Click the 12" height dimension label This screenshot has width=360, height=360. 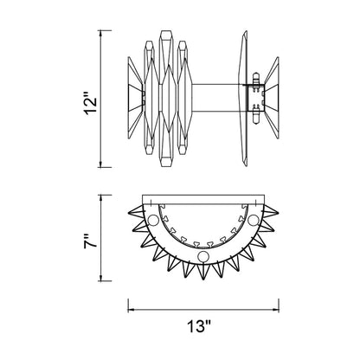[x=91, y=103]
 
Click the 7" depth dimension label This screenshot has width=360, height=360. [x=91, y=241]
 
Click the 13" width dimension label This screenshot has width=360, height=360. [x=199, y=326]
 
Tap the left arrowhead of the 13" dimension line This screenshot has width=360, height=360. [x=131, y=310]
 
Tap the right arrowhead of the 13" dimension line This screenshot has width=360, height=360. [x=276, y=310]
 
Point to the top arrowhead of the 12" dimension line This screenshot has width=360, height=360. [x=100, y=33]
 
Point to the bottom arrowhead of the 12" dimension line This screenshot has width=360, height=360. [x=100, y=164]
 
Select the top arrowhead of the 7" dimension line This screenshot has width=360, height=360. [x=100, y=198]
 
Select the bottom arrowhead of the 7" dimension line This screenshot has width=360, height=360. [x=100, y=278]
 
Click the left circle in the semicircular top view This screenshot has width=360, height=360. [x=153, y=221]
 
